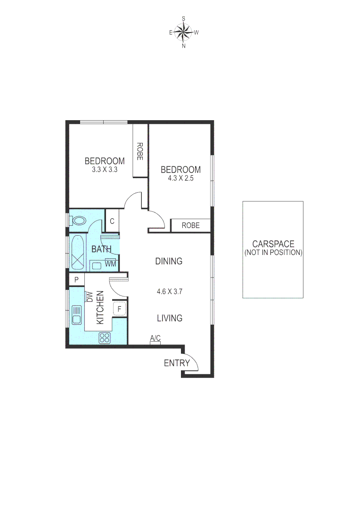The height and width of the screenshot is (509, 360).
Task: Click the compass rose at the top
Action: pyautogui.click(x=183, y=33)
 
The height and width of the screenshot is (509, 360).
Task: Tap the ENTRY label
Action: pyautogui.click(x=177, y=363)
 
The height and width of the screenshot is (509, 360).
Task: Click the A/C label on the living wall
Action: pyautogui.click(x=155, y=338)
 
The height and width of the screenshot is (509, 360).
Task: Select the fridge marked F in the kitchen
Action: pyautogui.click(x=120, y=309)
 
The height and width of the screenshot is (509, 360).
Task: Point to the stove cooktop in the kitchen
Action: pyautogui.click(x=105, y=337)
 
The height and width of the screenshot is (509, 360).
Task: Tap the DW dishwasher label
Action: pyautogui.click(x=90, y=297)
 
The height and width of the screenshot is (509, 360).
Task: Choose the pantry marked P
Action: pyautogui.click(x=76, y=280)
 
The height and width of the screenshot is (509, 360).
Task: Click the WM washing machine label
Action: pyautogui.click(x=110, y=264)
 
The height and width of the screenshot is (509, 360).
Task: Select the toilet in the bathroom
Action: pyautogui.click(x=78, y=221)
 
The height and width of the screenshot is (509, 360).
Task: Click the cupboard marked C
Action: pyautogui.click(x=112, y=221)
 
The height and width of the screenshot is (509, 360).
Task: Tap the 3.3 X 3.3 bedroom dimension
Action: pyautogui.click(x=105, y=169)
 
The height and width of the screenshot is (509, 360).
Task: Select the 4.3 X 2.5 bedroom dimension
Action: pyautogui.click(x=180, y=179)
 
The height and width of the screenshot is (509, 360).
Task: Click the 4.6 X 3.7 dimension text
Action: pyautogui.click(x=170, y=291)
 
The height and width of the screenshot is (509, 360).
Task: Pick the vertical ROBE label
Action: pyautogui.click(x=140, y=152)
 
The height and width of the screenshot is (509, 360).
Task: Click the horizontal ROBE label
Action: pyautogui.click(x=190, y=226)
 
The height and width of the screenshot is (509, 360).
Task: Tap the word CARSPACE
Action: pyautogui.click(x=273, y=244)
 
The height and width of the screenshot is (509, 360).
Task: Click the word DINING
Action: pyautogui.click(x=169, y=261)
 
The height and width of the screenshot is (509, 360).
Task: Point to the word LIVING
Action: pyautogui.click(x=170, y=318)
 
